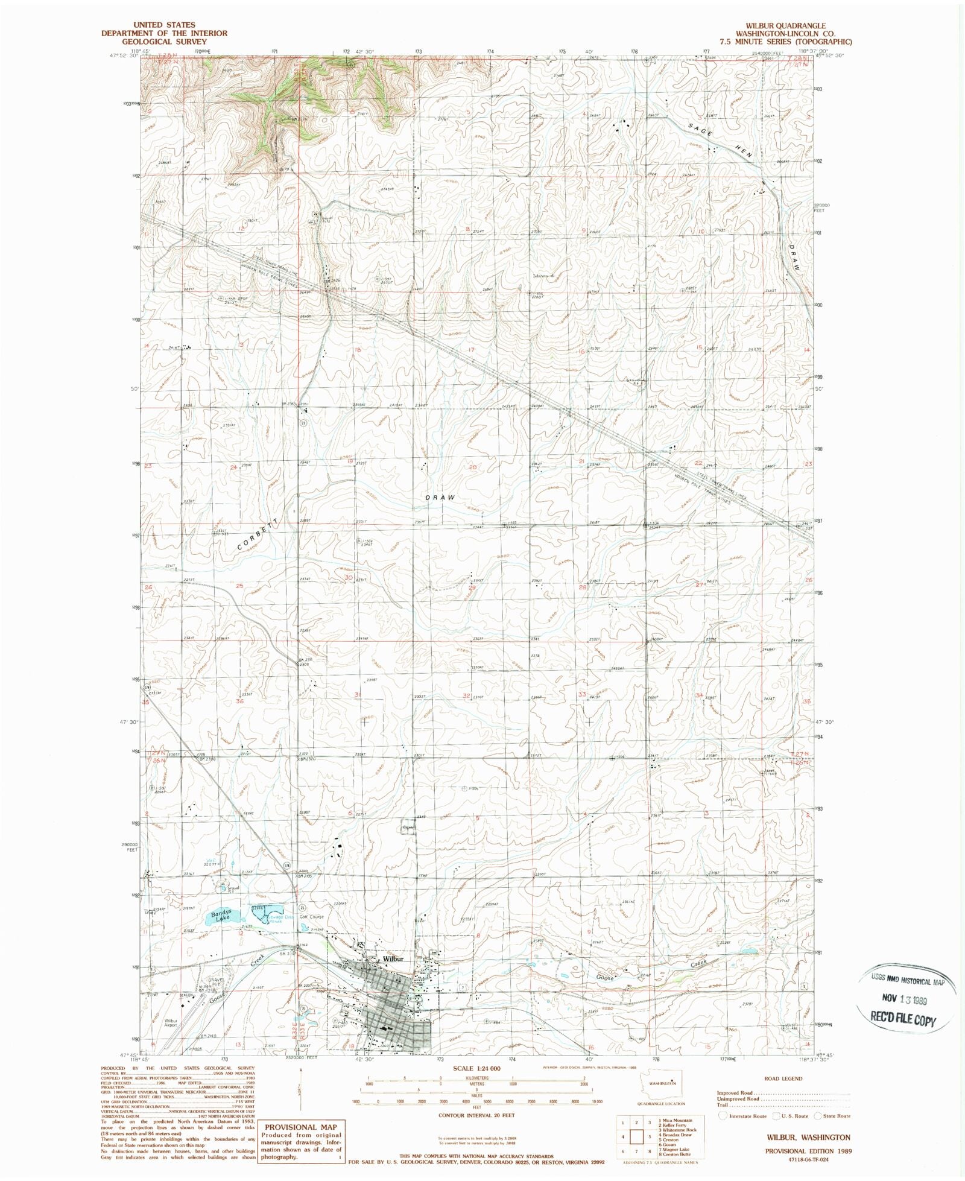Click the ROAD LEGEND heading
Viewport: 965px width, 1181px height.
(x=783, y=1078)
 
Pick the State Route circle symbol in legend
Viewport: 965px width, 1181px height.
(x=818, y=1116)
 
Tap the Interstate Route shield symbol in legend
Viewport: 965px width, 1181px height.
(x=723, y=1116)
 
